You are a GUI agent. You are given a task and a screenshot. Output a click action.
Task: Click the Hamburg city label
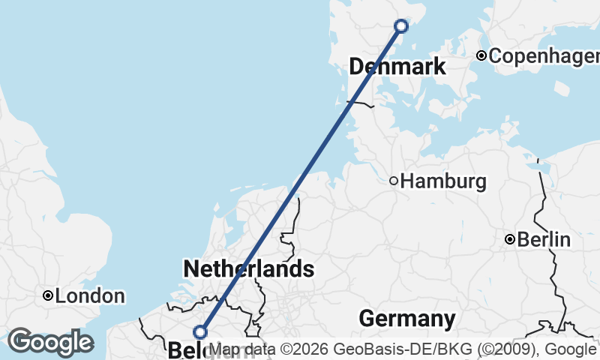443,181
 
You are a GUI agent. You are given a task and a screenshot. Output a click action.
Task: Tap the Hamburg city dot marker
394,181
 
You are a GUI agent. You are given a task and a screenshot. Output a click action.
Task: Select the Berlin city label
544,240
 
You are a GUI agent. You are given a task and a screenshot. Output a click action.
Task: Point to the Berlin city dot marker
510,240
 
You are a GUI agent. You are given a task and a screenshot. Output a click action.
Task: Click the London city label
90,296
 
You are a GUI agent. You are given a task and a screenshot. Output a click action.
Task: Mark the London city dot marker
48,296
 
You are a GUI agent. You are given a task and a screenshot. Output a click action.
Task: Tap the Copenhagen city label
544,55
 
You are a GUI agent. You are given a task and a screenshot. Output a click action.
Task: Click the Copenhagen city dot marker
481,55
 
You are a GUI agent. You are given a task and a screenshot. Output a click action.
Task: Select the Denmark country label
397,67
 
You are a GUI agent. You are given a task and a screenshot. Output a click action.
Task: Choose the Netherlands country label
248,268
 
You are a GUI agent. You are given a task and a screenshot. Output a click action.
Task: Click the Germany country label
406,319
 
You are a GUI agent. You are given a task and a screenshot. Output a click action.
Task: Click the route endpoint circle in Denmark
401,26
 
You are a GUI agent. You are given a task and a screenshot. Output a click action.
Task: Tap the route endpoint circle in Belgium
199,331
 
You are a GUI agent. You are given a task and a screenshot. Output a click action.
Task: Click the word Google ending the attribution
569,349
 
